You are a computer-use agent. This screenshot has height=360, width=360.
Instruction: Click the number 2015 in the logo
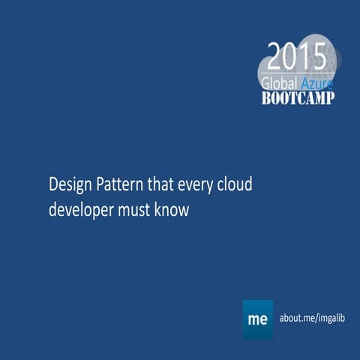point(297,57)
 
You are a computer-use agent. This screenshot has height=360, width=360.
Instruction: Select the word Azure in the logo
point(316,82)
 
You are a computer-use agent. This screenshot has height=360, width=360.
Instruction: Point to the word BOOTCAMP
point(298,98)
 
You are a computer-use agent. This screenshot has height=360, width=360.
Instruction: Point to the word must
point(136,211)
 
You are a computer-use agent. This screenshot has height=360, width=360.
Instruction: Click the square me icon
point(258,319)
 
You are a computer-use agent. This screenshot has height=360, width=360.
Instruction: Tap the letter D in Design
point(53,184)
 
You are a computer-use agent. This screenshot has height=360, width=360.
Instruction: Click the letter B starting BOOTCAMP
point(266,98)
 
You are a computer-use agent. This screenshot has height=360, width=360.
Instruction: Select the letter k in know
point(159,210)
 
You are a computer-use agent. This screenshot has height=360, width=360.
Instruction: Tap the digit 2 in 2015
point(275,57)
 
